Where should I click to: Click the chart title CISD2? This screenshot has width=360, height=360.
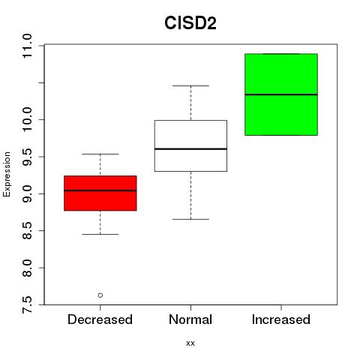point(190,23)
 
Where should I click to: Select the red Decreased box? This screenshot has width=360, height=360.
point(100,193)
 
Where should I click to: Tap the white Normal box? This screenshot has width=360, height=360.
point(190,145)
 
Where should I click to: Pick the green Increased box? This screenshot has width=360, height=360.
point(281,94)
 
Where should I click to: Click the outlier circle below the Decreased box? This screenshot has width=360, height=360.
point(100,295)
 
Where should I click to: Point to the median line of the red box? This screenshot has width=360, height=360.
point(100,190)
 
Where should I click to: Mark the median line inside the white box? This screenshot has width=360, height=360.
point(190,149)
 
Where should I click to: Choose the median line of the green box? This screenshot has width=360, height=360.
point(281,94)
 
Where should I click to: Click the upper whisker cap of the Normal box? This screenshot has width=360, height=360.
point(190,85)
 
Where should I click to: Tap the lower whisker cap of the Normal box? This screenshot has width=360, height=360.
point(190,219)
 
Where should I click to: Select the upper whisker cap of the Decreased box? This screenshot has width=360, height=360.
point(100,154)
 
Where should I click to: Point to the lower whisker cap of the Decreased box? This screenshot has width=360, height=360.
point(100,234)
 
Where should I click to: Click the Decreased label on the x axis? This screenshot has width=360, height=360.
point(100,319)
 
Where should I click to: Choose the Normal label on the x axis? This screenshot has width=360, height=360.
point(190,319)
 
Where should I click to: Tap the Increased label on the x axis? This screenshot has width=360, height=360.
point(281,319)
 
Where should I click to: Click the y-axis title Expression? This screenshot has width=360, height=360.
point(7,174)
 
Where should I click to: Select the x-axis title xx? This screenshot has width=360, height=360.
point(190,343)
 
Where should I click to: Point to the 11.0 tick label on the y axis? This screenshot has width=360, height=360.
point(27,46)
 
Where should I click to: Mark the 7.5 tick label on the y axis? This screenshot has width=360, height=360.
point(27,304)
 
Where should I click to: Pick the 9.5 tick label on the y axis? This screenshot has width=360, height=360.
point(27,157)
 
